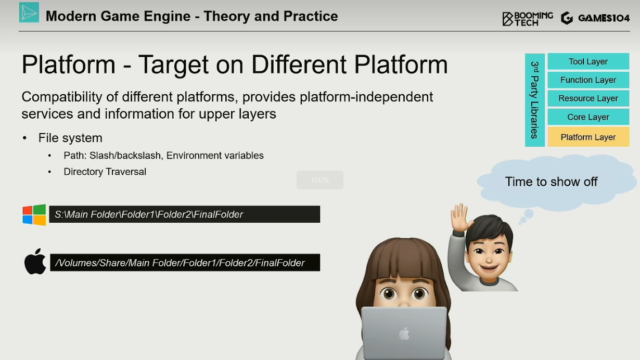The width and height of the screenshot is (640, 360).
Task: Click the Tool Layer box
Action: coord(588,61)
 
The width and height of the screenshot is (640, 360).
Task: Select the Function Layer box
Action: coord(588,80)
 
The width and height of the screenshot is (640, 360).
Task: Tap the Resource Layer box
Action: coord(588,98)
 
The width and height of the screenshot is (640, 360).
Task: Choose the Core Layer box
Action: coord(588,117)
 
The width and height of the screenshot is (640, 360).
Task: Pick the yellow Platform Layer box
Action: coord(588,137)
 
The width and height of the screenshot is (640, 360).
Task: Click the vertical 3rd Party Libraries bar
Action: coord(535,100)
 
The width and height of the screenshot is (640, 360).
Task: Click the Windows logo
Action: coord(34,214)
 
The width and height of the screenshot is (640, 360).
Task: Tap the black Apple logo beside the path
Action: coord(35,262)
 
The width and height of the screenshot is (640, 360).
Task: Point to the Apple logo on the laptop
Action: coord(404,333)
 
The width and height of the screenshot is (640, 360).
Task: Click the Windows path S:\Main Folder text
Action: coord(149,214)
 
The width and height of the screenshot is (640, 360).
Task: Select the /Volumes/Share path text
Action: coord(180,263)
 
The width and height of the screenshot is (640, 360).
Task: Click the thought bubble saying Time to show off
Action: coord(556,183)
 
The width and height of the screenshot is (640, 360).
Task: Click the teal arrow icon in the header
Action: coord(29,12)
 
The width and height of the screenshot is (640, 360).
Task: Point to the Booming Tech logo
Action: coord(528,19)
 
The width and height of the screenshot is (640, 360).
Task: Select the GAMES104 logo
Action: coord(595,18)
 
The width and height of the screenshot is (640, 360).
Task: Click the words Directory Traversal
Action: coord(105,172)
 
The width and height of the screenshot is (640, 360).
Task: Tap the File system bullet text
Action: coord(70,138)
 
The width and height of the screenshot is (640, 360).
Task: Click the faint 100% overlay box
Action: coord(319,180)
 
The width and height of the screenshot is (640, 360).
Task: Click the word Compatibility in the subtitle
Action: coord(62,97)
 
